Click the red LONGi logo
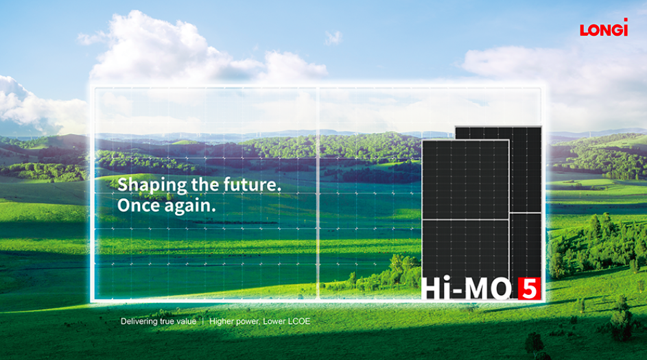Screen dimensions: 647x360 coord(604,27)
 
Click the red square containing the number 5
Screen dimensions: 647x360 coord(529,289)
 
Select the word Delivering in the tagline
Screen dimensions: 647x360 coord(139,322)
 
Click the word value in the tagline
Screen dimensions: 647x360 coord(187,321)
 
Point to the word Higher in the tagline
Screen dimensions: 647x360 coord(221,322)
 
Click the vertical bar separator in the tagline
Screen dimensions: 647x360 coord(203,321)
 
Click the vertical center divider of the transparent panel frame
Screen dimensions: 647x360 coord(318,193)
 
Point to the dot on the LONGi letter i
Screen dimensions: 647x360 coord(626,20)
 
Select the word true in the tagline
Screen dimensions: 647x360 coord(167,321)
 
